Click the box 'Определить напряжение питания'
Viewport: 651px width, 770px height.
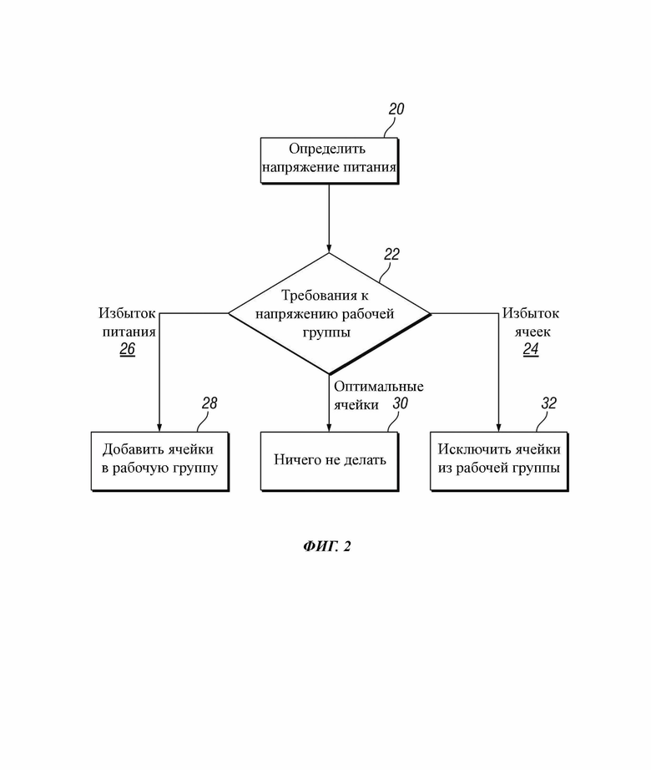tap(329, 160)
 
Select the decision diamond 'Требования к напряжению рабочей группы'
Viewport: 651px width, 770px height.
tap(329, 314)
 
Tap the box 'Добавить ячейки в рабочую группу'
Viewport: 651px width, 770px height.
tap(160, 461)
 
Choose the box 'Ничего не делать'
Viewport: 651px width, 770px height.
tap(329, 461)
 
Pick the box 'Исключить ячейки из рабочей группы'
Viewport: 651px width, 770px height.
tap(499, 461)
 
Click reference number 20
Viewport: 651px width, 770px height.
tap(396, 109)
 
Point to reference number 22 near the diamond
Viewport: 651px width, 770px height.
tap(391, 255)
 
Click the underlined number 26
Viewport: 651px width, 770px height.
tap(127, 349)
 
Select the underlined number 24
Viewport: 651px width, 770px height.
tap(531, 349)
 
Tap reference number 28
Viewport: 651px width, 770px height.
tap(209, 403)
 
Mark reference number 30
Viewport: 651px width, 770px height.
tap(401, 403)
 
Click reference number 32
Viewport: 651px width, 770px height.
tap(549, 403)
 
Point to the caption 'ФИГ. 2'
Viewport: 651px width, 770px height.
tap(326, 546)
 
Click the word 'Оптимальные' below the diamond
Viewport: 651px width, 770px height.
tap(379, 387)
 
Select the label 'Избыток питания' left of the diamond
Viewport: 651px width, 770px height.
tap(128, 322)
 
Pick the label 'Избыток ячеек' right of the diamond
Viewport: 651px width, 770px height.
tap(531, 322)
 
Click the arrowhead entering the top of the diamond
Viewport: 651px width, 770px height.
tap(329, 249)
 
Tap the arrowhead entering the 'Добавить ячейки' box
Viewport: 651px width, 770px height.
tap(159, 428)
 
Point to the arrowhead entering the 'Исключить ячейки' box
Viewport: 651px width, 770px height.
tap(499, 428)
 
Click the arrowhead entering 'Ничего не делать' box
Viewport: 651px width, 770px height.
tap(329, 428)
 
